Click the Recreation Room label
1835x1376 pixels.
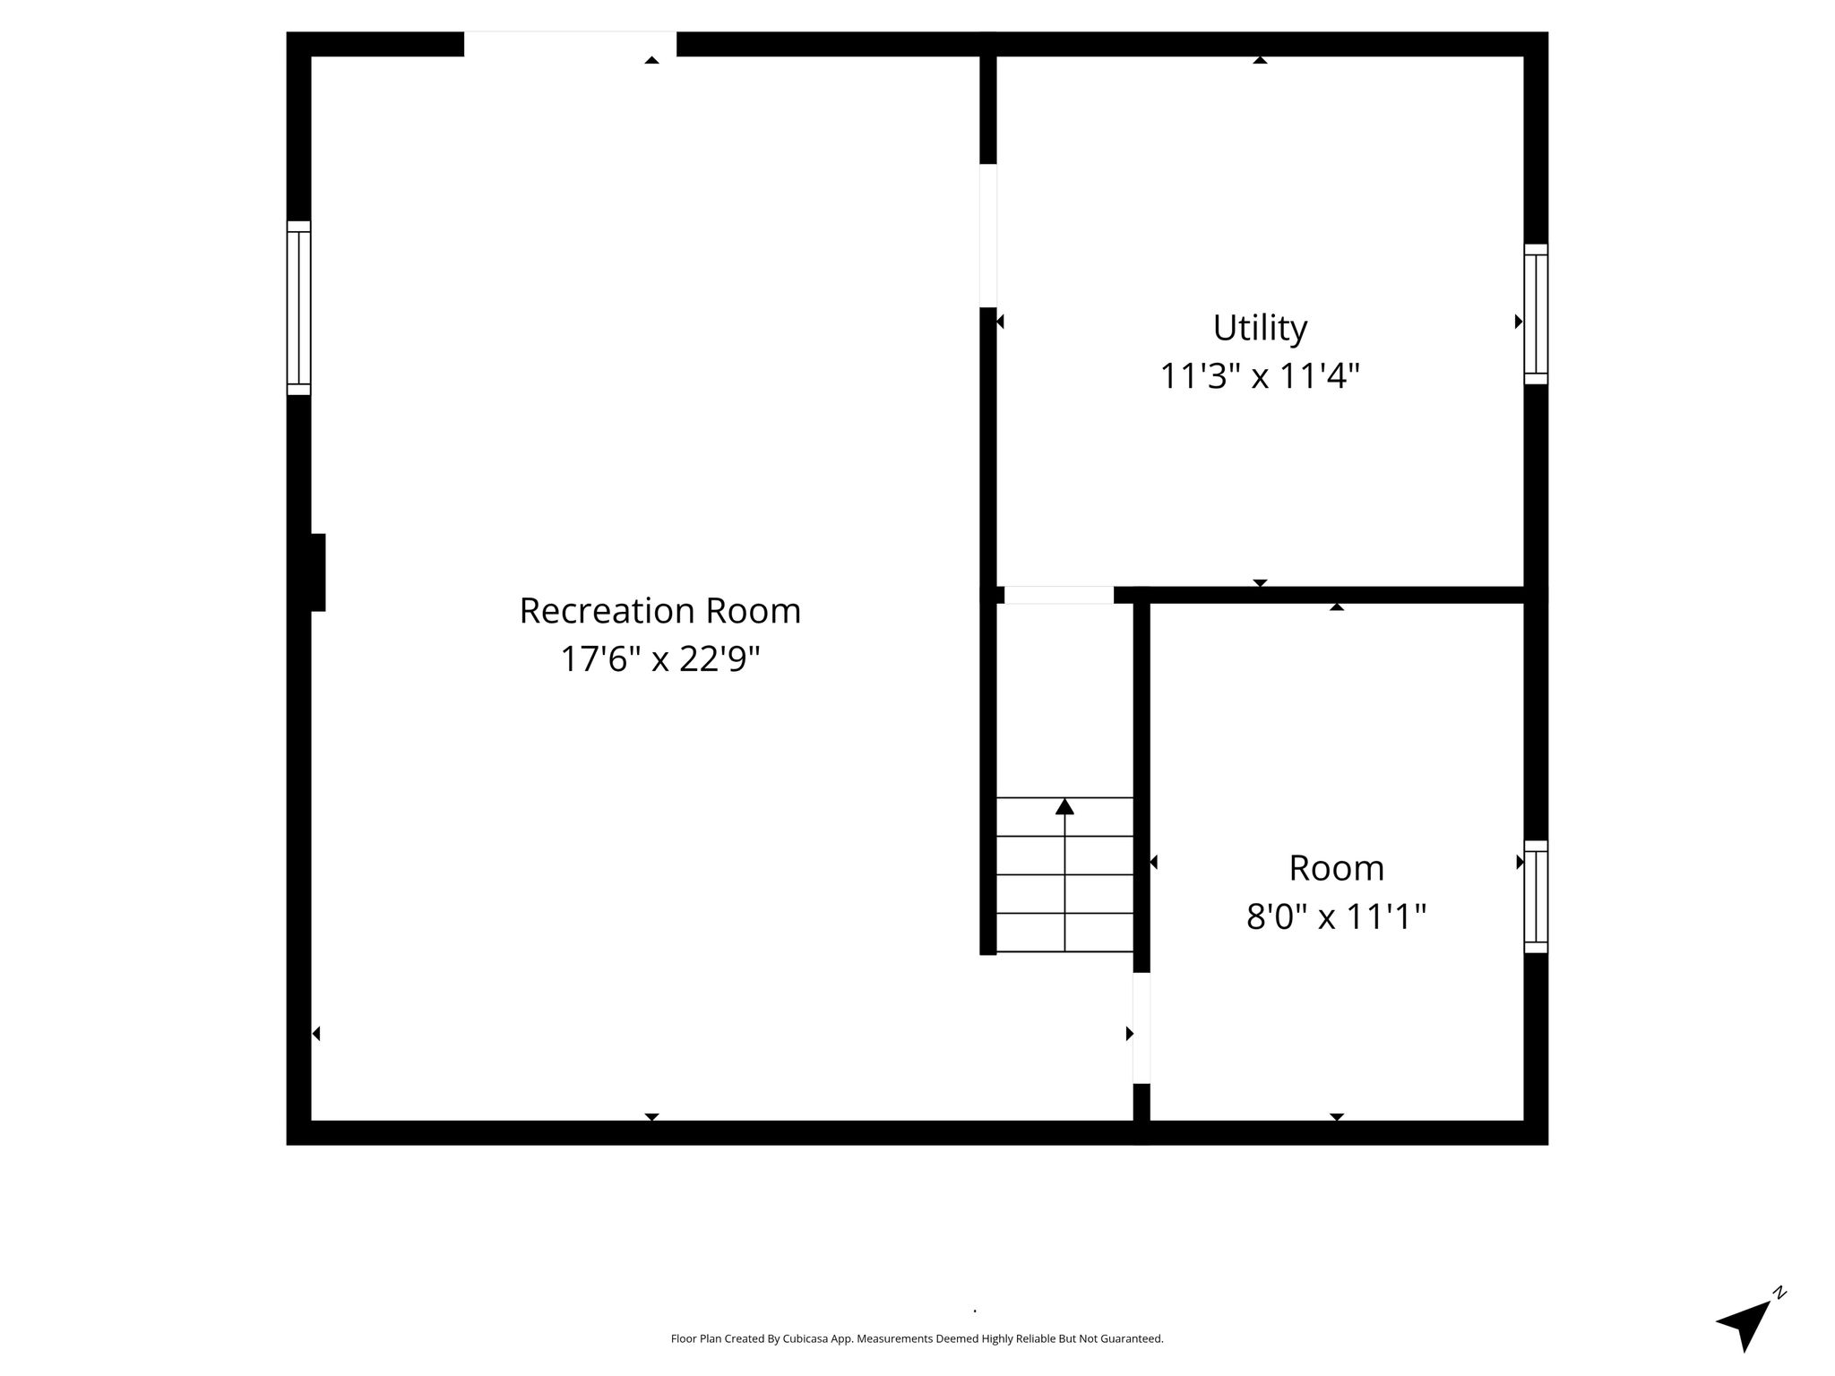tap(660, 611)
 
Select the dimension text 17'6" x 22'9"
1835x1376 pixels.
tap(660, 659)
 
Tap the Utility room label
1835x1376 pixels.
tap(1260, 329)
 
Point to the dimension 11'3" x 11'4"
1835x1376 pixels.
tap(1260, 376)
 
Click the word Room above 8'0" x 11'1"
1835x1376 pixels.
tap(1336, 868)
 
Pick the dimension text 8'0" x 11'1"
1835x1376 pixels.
tap(1336, 916)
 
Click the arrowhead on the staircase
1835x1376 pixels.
tap(1064, 806)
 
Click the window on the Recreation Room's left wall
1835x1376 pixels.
tap(298, 307)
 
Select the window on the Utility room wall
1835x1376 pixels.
tap(1536, 314)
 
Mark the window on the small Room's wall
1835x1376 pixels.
tap(1536, 897)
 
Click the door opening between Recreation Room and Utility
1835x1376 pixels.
tap(988, 236)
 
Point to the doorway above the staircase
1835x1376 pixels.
tap(1059, 595)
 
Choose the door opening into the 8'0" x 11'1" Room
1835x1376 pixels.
tap(1141, 1028)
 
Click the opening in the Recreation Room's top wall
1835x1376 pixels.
tap(570, 44)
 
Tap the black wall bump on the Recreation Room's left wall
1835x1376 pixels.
tap(317, 572)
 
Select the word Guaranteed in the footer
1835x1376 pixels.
tap(1134, 1339)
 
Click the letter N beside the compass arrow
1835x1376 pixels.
tap(1780, 1318)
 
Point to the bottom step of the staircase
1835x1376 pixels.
tap(1064, 933)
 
